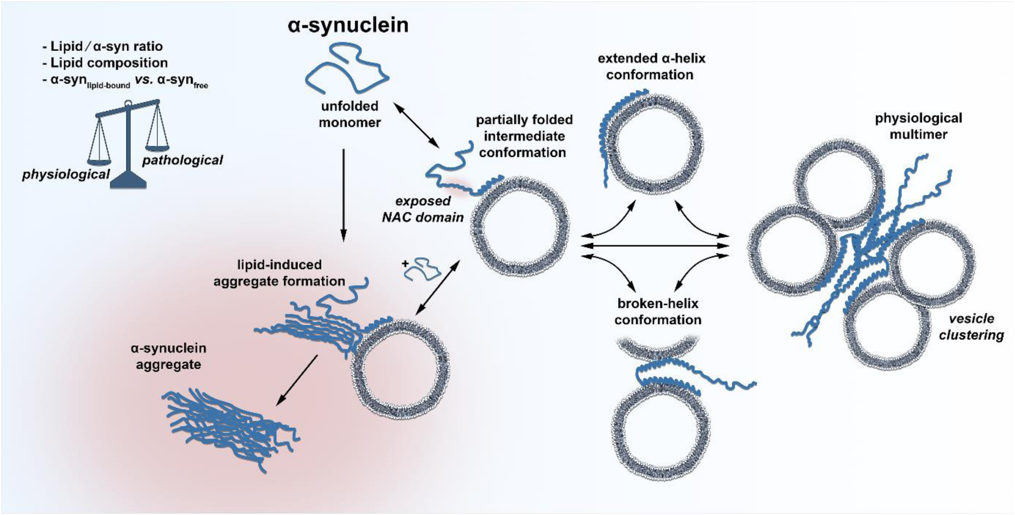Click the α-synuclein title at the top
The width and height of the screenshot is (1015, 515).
(x=348, y=25)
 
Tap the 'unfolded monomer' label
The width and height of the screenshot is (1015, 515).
(x=350, y=114)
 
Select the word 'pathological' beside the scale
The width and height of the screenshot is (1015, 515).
(x=182, y=160)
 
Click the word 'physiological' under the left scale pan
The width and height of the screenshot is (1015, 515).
(x=66, y=175)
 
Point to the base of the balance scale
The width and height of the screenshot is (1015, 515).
(x=128, y=180)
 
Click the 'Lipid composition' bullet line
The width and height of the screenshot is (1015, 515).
(x=109, y=63)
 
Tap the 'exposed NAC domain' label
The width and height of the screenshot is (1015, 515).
(x=423, y=209)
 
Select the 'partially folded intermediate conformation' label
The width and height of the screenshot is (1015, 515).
(x=524, y=136)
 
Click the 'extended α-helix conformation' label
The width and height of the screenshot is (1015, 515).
(x=651, y=67)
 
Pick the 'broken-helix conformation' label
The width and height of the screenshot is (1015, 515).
(x=658, y=311)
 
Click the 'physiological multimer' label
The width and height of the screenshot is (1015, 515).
(x=918, y=126)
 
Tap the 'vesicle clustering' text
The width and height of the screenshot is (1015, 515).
(x=971, y=327)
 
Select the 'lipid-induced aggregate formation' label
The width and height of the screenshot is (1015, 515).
(x=279, y=273)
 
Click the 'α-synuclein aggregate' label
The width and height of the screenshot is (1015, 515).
(x=168, y=356)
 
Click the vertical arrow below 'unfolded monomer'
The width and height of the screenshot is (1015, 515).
(x=343, y=195)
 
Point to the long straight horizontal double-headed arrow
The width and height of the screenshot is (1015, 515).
(x=655, y=246)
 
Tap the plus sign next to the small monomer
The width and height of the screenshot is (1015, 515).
(x=405, y=264)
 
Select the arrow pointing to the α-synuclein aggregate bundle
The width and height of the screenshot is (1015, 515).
(x=297, y=380)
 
